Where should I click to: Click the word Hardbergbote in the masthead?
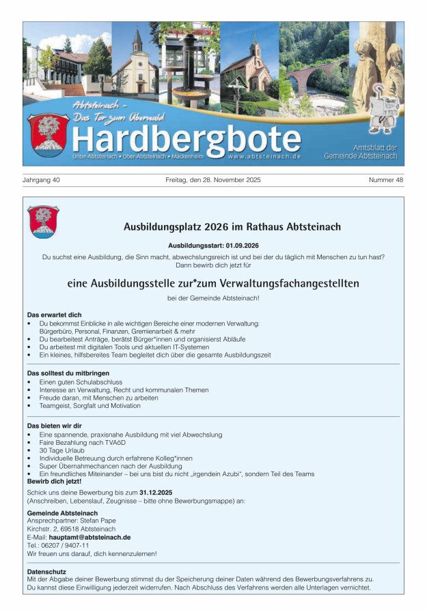[186, 139]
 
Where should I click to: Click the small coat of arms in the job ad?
[43, 222]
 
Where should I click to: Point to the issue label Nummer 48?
[386, 180]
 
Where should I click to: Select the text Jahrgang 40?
[42, 180]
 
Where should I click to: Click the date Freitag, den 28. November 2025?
[213, 180]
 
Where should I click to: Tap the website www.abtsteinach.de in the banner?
[264, 156]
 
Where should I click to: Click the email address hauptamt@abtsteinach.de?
[89, 537]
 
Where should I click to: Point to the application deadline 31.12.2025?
[156, 492]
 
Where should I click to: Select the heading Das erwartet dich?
[55, 315]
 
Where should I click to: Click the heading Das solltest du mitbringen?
[68, 373]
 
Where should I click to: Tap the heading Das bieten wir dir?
[55, 425]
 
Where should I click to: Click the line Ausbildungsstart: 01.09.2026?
[213, 245]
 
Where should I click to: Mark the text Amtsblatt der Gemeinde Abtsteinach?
[374, 151]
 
